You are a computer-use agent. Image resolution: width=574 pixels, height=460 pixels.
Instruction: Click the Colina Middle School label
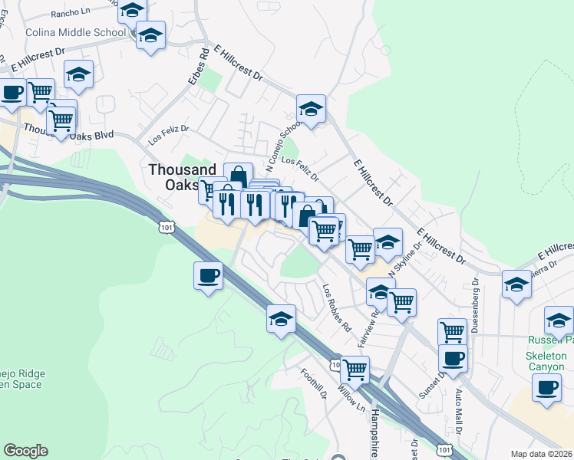65,33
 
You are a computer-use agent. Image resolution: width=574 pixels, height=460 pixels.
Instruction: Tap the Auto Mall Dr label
459,406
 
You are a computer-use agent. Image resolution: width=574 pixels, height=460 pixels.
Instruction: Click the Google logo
25,451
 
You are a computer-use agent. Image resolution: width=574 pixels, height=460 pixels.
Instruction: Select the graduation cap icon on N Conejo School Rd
311,109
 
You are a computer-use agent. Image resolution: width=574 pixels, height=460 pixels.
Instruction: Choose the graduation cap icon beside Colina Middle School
150,35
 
